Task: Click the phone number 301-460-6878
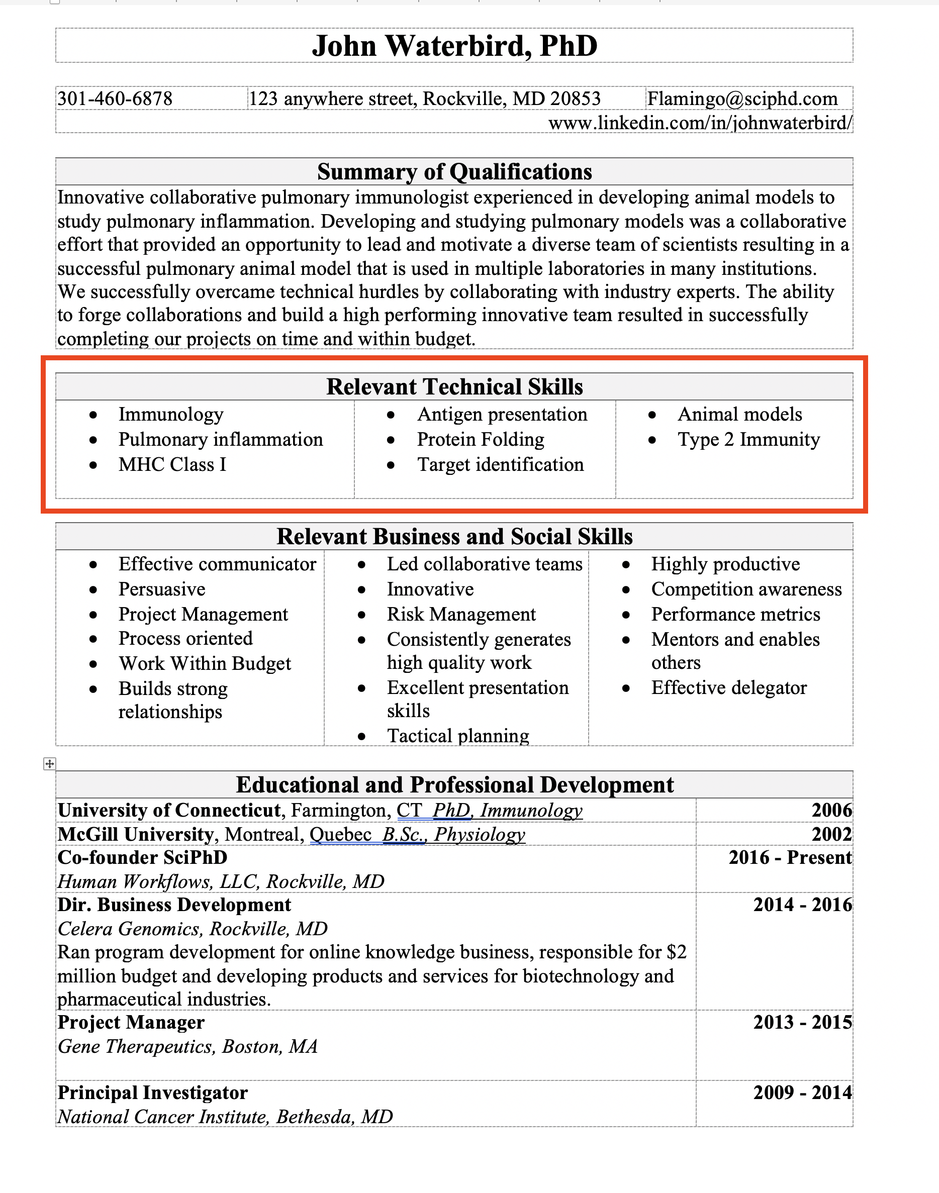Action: tap(115, 99)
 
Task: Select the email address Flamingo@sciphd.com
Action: tap(741, 99)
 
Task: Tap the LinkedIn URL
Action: tap(700, 123)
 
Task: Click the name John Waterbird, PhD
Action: tap(454, 46)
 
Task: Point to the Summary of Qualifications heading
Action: tap(454, 172)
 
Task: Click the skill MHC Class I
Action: tap(172, 465)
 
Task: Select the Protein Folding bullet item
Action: tap(481, 440)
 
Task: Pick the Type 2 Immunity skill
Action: tap(748, 440)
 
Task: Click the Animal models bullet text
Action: tap(739, 415)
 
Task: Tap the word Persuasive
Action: tap(162, 589)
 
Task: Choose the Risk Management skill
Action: tap(461, 615)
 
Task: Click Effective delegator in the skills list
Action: tap(728, 688)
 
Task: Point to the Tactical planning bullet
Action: tap(457, 736)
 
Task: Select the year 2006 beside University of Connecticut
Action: tap(831, 811)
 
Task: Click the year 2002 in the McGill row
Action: tap(831, 834)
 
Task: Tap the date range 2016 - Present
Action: tap(790, 858)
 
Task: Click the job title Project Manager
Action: tap(131, 1023)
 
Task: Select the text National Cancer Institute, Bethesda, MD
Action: tap(225, 1117)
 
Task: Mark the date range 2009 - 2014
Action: tap(802, 1092)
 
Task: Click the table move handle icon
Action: tap(49, 763)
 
